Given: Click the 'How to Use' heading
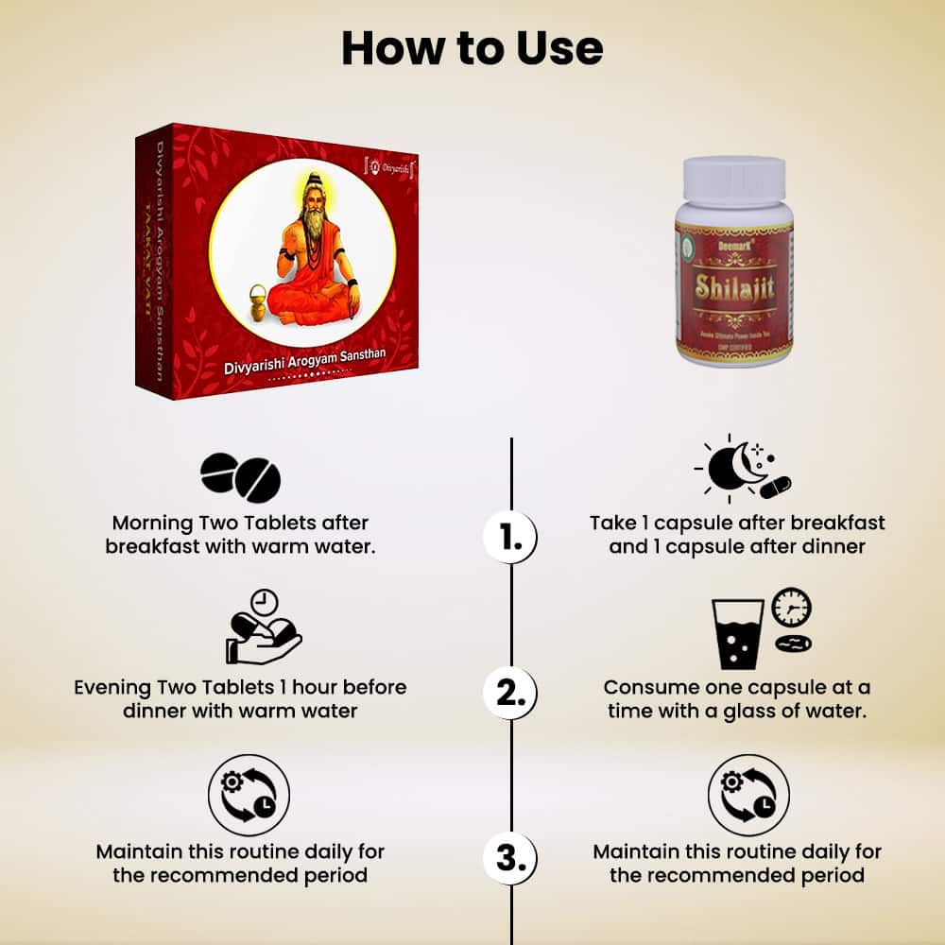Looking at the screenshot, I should point(472,47).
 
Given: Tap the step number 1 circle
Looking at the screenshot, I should point(510,539).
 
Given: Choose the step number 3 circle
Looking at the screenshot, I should point(510,858).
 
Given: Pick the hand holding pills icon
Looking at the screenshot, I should point(261,628).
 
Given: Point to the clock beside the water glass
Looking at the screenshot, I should point(791,609).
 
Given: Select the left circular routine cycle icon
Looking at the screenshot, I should point(249,795).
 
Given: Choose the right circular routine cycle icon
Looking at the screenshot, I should point(748,795).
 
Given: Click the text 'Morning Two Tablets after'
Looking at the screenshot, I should point(240,523).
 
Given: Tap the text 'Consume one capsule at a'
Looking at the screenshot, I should point(737,687).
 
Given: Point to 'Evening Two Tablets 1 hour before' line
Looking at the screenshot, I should point(240,687).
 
